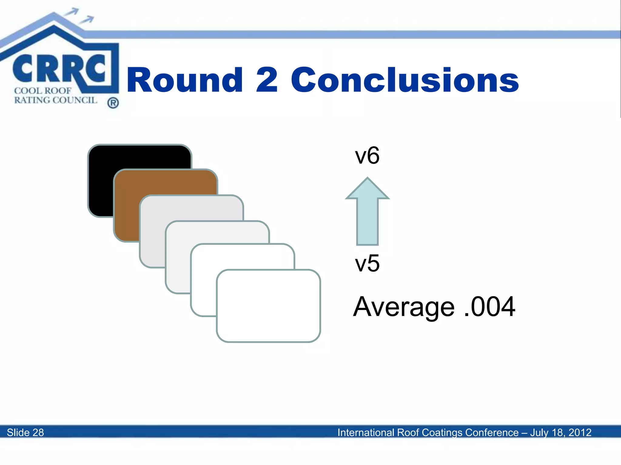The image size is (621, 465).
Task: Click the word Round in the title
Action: [184, 80]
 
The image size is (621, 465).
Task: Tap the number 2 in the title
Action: [267, 80]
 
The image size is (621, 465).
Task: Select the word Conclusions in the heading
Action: [404, 80]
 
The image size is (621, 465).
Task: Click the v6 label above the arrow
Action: [367, 156]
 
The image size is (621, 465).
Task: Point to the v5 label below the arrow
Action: [367, 263]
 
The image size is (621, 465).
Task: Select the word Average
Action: [404, 307]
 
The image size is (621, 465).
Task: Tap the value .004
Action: [489, 307]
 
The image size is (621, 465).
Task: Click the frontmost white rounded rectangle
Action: [268, 306]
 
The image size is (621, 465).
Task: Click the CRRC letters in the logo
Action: [59, 69]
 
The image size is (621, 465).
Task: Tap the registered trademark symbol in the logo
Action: [113, 103]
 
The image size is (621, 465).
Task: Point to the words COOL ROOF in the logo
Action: [42, 91]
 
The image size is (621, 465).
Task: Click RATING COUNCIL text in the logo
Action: [55, 100]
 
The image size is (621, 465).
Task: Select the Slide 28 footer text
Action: [25, 432]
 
